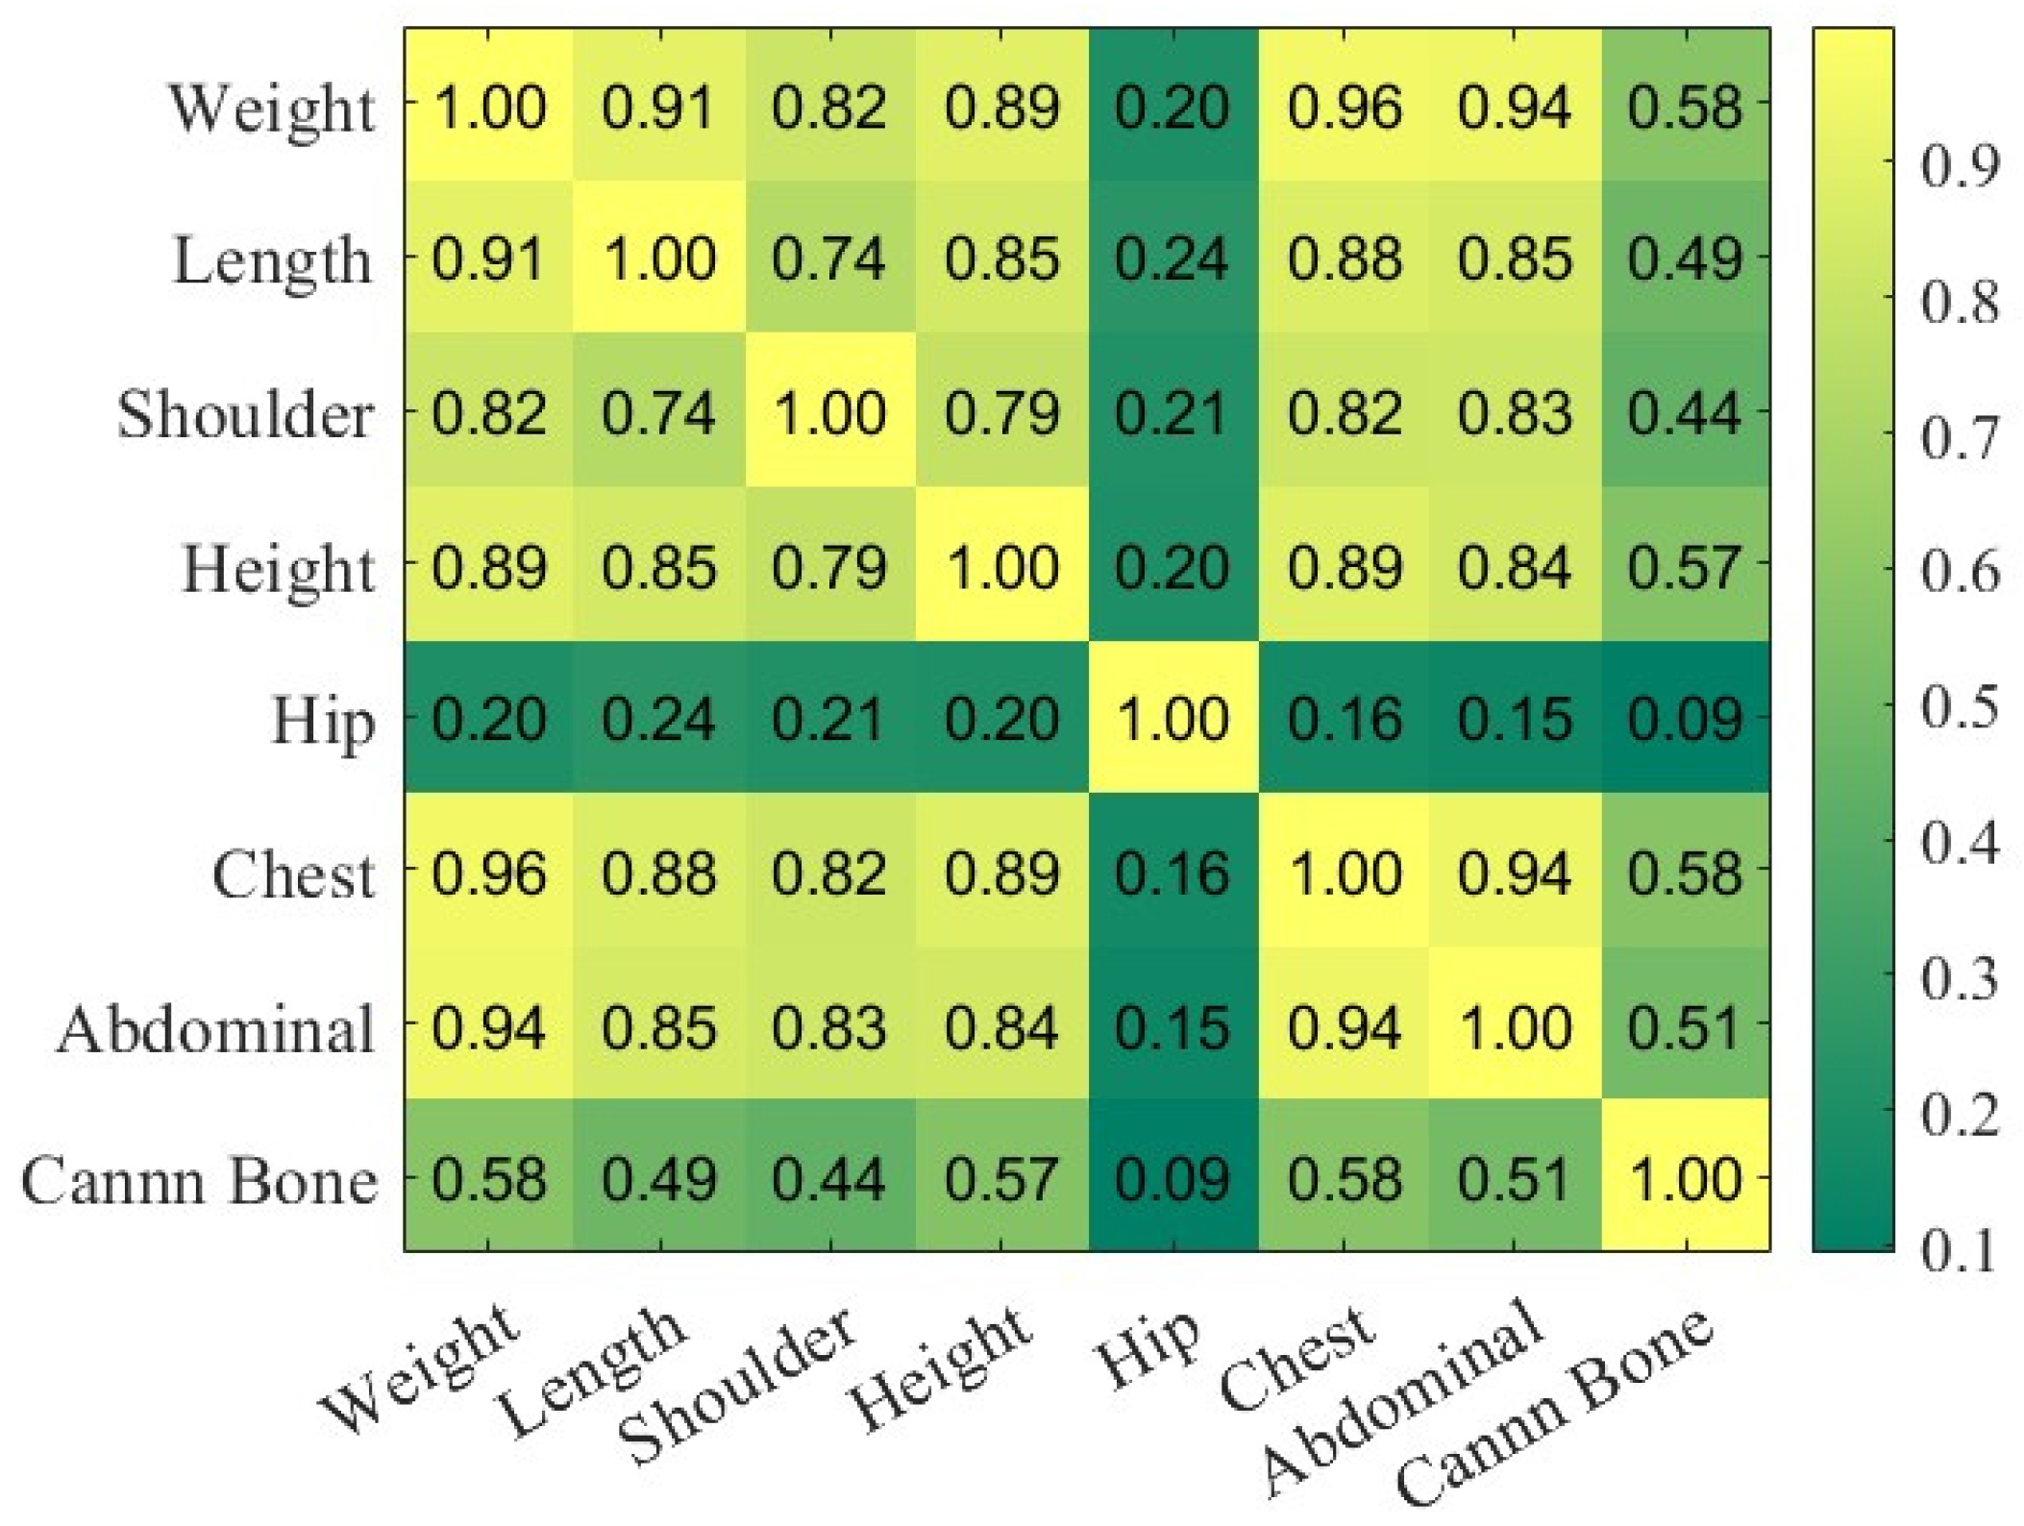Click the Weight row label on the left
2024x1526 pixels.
272,109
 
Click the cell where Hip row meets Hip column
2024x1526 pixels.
1172,718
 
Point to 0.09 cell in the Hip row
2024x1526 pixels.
1684,718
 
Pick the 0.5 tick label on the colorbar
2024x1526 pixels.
1960,706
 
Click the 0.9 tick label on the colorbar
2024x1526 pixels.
1960,165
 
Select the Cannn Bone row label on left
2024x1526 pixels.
199,1181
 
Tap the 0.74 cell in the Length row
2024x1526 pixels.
828,258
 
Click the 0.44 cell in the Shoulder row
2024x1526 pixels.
1684,413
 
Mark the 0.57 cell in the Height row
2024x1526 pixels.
1684,566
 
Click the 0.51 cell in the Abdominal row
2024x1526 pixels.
1684,1026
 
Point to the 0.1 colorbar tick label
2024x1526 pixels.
1960,1250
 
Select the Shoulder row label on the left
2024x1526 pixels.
245,415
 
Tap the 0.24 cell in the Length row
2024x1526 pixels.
1172,258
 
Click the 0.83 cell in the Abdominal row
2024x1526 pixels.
828,1026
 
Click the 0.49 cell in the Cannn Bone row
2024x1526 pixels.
659,1179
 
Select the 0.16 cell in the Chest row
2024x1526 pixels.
1172,873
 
